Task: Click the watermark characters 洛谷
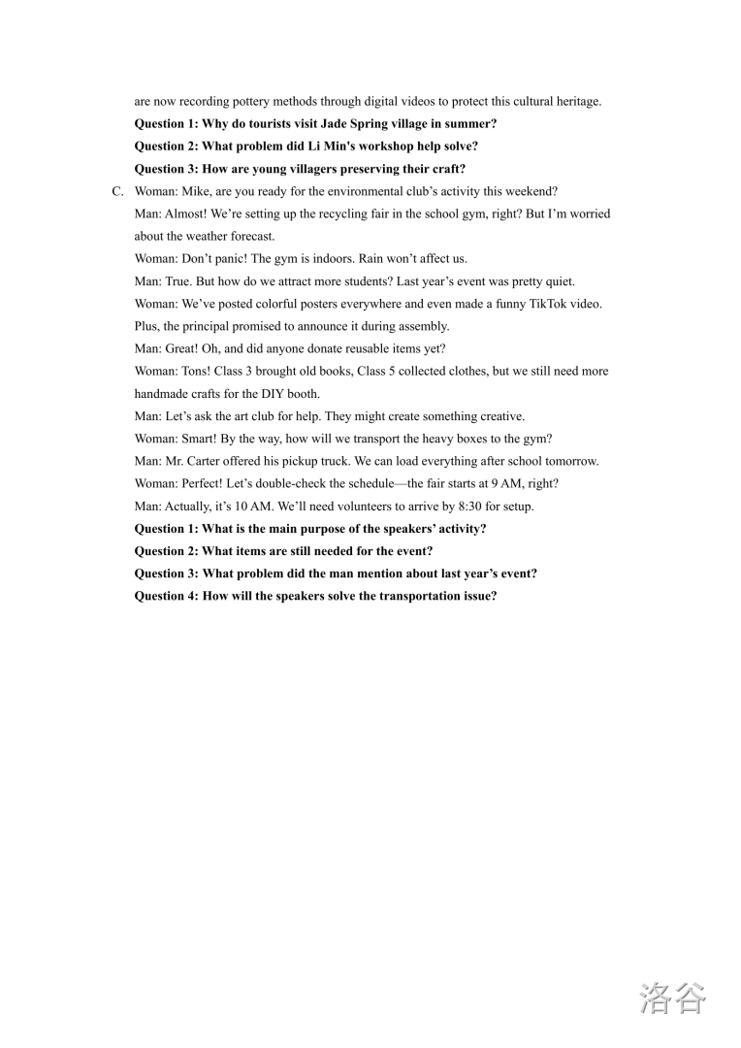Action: [672, 998]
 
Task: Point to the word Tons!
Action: [196, 372]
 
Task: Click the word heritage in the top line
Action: [578, 102]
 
